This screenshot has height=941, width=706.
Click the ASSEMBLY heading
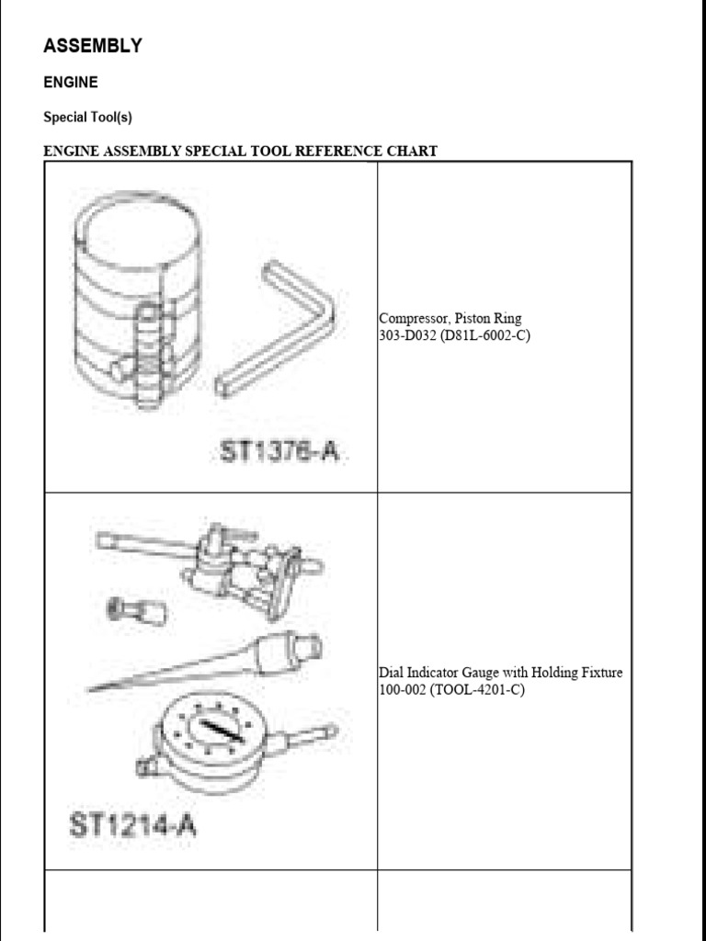[93, 46]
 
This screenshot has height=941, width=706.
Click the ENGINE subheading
[71, 82]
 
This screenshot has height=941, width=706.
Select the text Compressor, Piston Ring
[450, 319]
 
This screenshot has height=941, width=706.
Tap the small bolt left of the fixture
[138, 609]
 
